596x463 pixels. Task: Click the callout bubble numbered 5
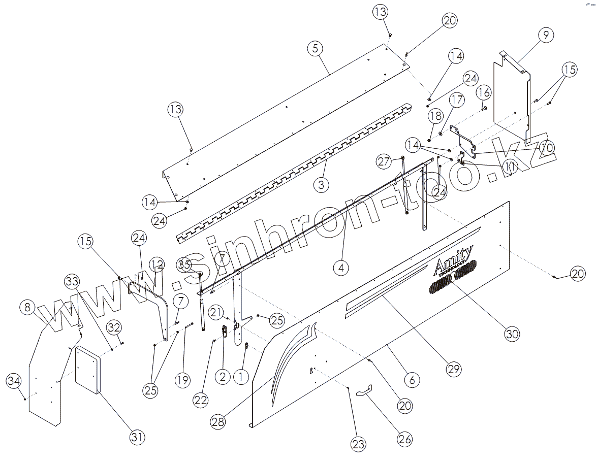tap(315, 49)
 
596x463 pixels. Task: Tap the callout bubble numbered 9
tap(545, 35)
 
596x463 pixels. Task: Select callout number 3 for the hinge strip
tap(321, 184)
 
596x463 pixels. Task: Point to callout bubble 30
tap(512, 334)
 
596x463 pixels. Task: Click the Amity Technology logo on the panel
tap(454, 259)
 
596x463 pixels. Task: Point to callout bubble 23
tap(358, 445)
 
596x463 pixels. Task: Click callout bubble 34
tap(14, 380)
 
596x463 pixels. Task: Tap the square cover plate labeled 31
tap(88, 370)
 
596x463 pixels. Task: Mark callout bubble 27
tap(385, 161)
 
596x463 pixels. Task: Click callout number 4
tap(341, 267)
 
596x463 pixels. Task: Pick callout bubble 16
tap(484, 92)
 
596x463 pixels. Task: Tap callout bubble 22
tap(201, 400)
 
